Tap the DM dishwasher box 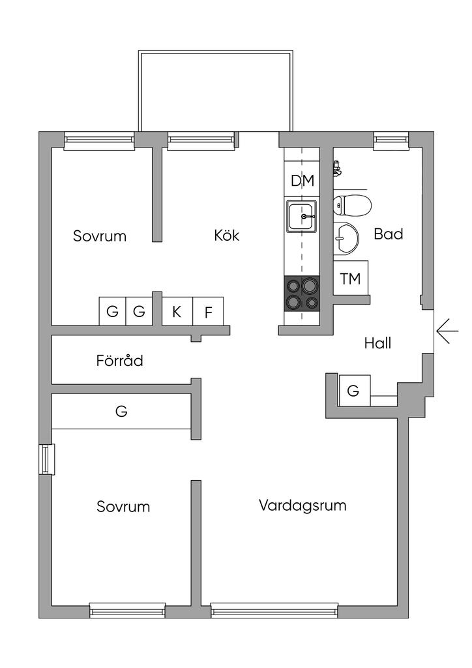pos(302,181)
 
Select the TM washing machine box pos(350,279)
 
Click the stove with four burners pos(302,293)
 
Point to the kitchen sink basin pos(302,217)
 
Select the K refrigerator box pos(177,312)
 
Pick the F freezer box pos(208,312)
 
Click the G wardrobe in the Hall pos(354,391)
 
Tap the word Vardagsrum pos(302,505)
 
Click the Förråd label pos(119,360)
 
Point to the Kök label pos(226,235)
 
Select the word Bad pos(388,234)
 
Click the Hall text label pos(377,343)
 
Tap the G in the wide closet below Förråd pos(121,412)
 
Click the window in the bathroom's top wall pos(391,140)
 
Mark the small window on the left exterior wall pos(46,459)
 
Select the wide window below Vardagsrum pos(274,611)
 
